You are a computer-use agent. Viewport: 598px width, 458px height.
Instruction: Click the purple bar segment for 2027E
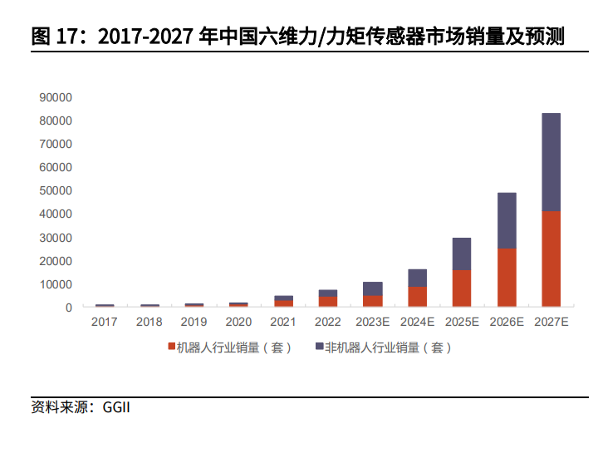(551, 162)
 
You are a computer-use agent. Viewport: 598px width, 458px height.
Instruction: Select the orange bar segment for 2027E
(551, 259)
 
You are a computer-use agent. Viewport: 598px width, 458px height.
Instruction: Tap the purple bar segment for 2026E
(506, 221)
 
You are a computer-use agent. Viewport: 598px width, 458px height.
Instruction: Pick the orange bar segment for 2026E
(506, 278)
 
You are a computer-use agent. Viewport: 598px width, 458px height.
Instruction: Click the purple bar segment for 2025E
(462, 254)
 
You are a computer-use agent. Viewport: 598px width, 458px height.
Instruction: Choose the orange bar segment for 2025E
(462, 288)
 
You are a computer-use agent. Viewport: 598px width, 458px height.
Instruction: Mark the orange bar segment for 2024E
(417, 297)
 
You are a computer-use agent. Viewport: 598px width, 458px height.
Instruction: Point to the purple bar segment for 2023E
(372, 288)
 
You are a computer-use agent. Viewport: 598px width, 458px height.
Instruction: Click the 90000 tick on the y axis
(56, 97)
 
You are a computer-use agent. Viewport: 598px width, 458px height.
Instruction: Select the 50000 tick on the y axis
(56, 190)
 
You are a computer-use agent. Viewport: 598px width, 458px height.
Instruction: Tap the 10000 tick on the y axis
(56, 284)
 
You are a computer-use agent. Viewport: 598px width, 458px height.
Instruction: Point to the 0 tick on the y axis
(68, 308)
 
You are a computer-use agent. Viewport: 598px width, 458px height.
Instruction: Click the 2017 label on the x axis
(104, 322)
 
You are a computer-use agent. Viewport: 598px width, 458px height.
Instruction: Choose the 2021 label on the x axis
(283, 322)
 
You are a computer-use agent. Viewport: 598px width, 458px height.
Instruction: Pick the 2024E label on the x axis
(417, 322)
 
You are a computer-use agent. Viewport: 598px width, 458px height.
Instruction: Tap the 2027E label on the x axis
(551, 322)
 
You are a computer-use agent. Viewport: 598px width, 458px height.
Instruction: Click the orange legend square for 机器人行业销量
(170, 347)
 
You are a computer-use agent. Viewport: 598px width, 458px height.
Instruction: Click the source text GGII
(116, 408)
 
